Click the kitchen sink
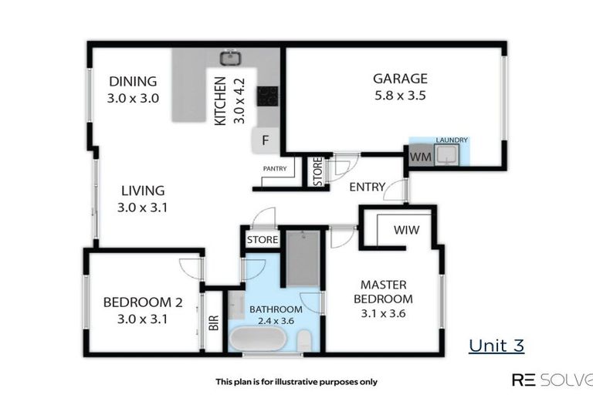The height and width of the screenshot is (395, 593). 229,57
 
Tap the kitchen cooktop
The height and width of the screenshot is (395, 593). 267,96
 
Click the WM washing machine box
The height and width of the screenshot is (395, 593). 419,157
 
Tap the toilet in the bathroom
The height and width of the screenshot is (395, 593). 305,339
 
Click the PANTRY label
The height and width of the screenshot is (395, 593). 275,168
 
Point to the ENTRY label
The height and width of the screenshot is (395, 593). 367,187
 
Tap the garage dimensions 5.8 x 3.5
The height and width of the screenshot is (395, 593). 400,96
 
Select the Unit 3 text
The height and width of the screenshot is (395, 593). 496,345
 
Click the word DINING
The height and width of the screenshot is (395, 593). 133,82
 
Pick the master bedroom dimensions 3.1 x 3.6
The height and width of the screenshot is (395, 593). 383,313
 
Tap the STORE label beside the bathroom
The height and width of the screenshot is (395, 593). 263,240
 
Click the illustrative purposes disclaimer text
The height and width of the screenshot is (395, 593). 296,381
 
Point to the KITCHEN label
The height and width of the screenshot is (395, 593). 219,101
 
